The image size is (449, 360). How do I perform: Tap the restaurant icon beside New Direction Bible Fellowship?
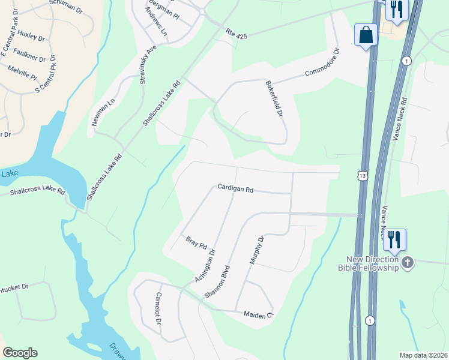click(x=394, y=240)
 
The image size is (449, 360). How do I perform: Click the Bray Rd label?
click(x=196, y=242)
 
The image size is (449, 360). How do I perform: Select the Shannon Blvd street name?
click(x=217, y=281)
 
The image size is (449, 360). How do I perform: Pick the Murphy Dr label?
click(x=256, y=250)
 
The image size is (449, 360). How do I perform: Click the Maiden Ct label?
click(x=259, y=314)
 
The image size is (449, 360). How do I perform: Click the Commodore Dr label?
click(x=322, y=63)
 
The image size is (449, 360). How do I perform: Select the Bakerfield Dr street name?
click(x=274, y=99)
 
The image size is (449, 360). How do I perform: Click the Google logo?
click(x=20, y=352)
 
